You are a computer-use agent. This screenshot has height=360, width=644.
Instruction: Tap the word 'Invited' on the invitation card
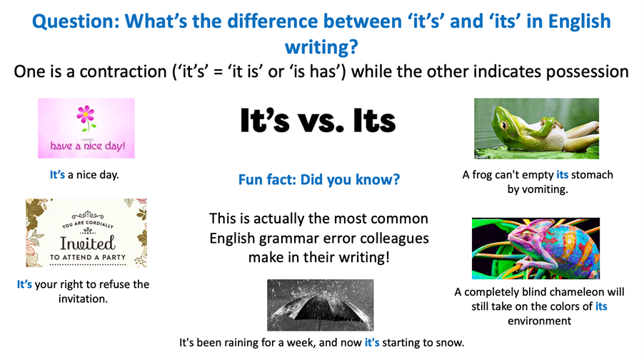coord(88,244)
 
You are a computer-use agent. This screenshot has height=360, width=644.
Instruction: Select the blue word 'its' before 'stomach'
coord(563,175)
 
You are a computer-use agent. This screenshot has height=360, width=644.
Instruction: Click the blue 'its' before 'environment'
coord(601,306)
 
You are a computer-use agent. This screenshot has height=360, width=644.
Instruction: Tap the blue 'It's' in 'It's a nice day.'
coord(58,175)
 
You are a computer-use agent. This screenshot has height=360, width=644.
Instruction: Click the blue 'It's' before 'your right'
coord(24,284)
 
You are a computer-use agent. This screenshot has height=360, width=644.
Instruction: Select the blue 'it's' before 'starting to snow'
coord(372,342)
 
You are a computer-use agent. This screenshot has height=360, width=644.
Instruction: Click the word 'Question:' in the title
coord(76,21)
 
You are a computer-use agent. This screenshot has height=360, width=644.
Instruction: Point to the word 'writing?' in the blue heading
coord(321,47)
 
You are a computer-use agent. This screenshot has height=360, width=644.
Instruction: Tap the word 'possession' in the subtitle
coord(588,72)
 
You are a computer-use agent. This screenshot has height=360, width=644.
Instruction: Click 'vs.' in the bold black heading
coord(321,121)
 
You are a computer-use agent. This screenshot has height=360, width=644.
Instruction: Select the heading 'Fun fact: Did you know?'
coord(319,179)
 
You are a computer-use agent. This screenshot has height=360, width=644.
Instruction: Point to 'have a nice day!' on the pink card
coord(88,146)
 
